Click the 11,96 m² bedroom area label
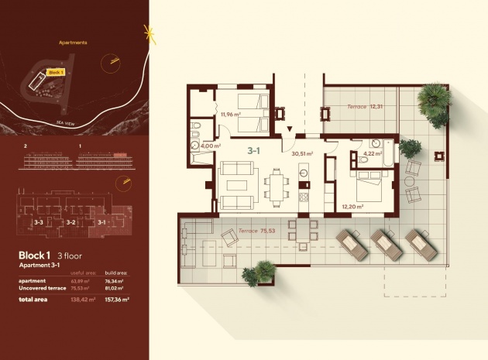click(230, 115)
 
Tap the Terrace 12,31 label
click(365, 106)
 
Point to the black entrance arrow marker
click(289, 129)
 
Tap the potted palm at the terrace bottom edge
click(259, 273)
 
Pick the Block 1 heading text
click(35, 255)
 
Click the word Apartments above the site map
click(73, 43)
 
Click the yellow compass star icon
click(149, 34)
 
